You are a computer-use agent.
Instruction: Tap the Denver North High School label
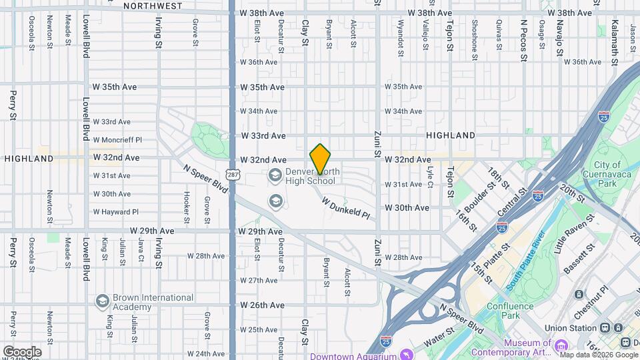pyautogui.click(x=311, y=177)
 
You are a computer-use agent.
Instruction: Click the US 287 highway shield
pyautogui.click(x=232, y=175)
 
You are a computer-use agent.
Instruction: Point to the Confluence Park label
pyautogui.click(x=510, y=311)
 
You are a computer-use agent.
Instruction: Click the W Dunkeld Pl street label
pyautogui.click(x=345, y=207)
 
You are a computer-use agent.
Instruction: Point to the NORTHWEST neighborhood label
pyautogui.click(x=153, y=5)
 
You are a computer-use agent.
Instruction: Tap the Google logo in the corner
pyautogui.click(x=22, y=351)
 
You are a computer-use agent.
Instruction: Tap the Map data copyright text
pyautogui.click(x=597, y=355)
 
